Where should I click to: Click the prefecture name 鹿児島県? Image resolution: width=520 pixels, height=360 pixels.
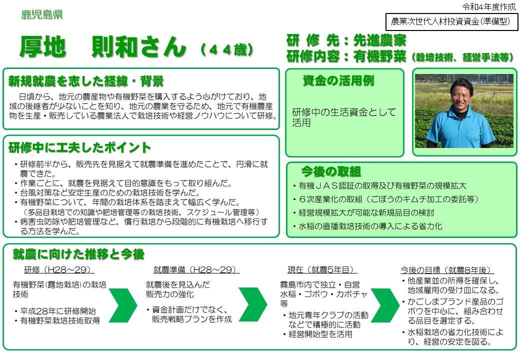(x=42, y=14)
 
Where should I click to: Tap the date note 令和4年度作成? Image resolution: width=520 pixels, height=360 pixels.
(x=489, y=6)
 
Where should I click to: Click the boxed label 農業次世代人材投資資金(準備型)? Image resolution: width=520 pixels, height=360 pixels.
(x=451, y=21)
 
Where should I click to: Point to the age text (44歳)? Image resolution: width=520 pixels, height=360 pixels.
(x=227, y=49)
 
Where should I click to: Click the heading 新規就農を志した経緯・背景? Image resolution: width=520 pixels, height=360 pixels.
(x=86, y=81)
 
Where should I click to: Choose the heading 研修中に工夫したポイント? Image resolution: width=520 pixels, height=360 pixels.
(x=79, y=147)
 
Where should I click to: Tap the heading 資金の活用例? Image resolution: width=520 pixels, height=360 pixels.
(x=338, y=80)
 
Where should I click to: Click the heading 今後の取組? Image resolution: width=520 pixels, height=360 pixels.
(x=330, y=171)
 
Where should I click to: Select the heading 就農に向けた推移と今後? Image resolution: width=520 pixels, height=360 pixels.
(x=78, y=254)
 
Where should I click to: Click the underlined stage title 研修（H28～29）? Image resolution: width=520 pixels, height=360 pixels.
(x=56, y=269)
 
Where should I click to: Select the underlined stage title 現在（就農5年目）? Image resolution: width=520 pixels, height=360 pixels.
(x=322, y=269)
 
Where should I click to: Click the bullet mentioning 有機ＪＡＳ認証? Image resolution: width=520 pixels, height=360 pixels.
(x=379, y=185)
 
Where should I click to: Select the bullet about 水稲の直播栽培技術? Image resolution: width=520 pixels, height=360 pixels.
(x=368, y=226)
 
